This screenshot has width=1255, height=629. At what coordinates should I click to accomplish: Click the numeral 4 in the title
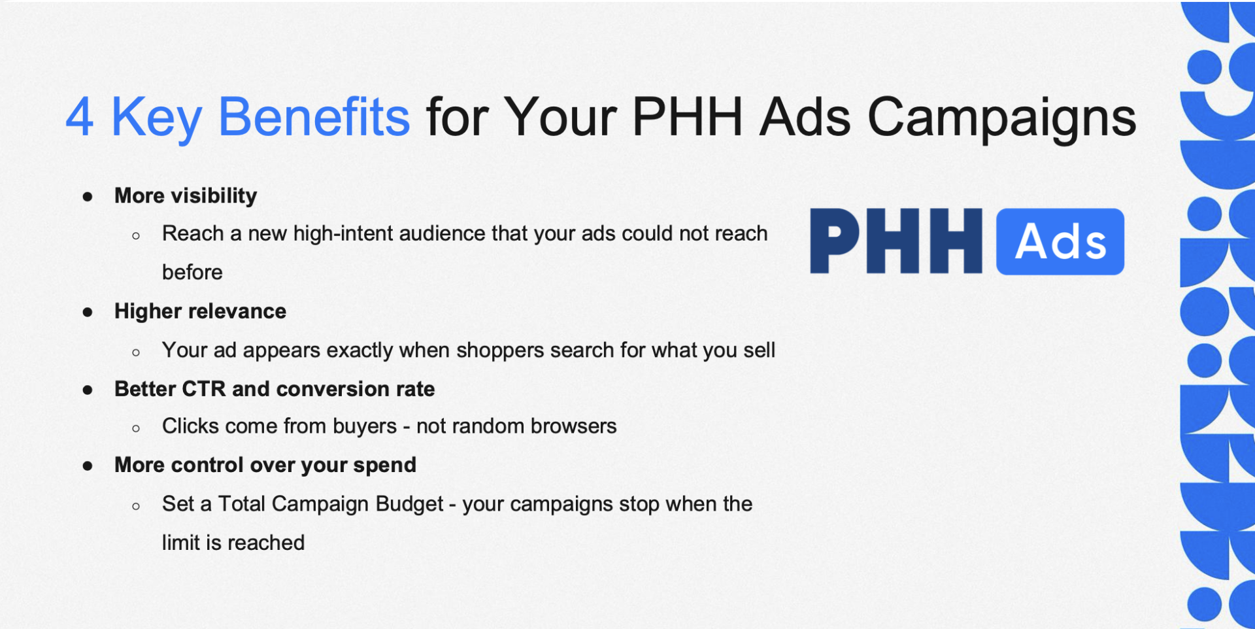pos(80,117)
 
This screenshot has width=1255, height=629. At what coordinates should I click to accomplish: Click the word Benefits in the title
pos(314,116)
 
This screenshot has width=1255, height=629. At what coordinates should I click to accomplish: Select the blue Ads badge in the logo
pos(1060,241)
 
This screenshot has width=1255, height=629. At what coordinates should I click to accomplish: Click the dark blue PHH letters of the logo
pos(896,241)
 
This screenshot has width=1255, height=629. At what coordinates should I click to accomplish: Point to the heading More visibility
pos(186,195)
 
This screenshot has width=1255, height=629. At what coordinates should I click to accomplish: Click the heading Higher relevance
pos(200,311)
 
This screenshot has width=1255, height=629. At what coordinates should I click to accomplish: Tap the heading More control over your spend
pos(265,465)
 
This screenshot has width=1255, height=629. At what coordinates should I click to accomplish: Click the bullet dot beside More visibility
pos(88,196)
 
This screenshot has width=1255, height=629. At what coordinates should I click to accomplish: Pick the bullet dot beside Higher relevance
pos(88,313)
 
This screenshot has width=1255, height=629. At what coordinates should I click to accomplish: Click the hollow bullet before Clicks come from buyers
pos(136,429)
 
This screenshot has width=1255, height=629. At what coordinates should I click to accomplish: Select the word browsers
pos(574,426)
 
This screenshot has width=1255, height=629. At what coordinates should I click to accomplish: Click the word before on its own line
pos(192,272)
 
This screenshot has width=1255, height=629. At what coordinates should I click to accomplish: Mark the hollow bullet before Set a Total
pos(136,506)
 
